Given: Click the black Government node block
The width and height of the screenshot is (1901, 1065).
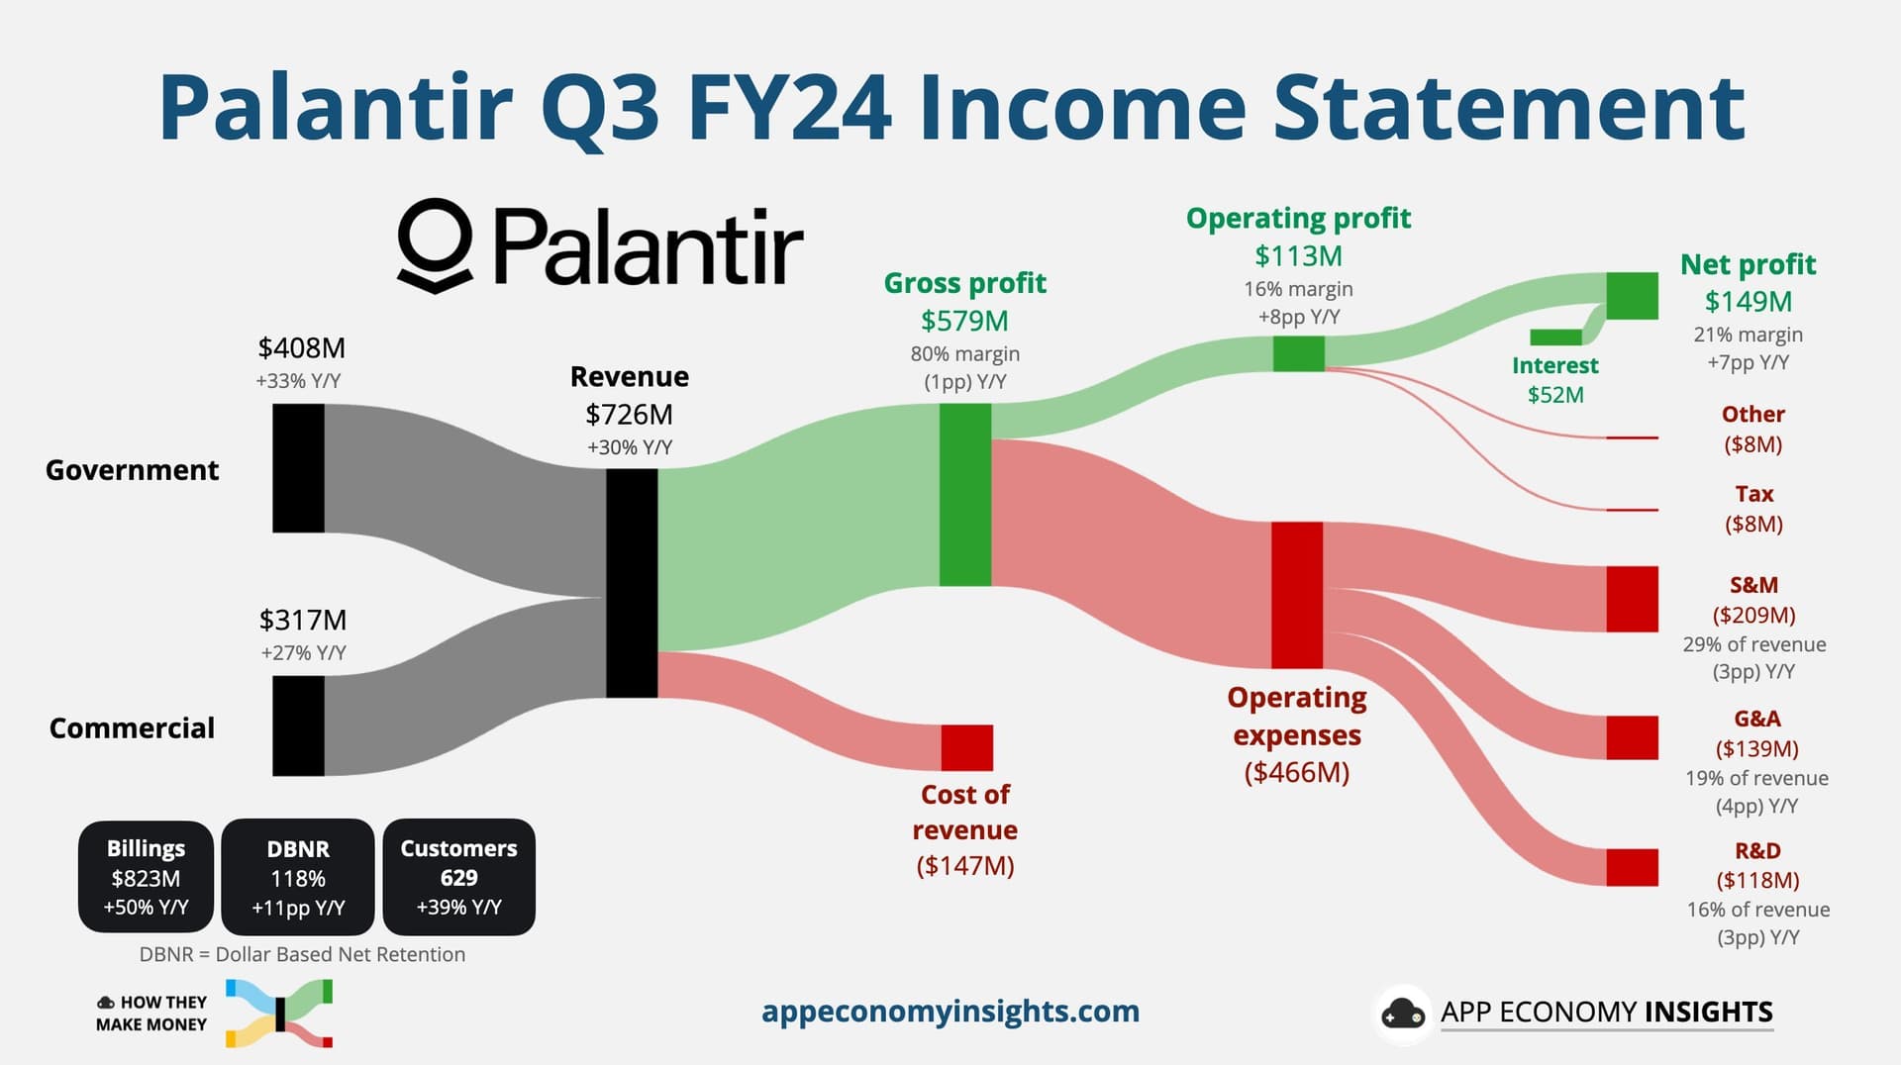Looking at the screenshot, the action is pyautogui.click(x=298, y=468).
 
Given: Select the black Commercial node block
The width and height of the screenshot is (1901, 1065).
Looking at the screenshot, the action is pyautogui.click(x=298, y=726).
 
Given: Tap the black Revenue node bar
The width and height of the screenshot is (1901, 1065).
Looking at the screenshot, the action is pyautogui.click(x=632, y=583).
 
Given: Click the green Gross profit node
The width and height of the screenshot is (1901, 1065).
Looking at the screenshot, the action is pyautogui.click(x=965, y=495).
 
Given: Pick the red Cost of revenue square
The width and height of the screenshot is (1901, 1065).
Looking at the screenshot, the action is pyautogui.click(x=966, y=747).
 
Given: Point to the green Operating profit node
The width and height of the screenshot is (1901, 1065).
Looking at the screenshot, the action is pyautogui.click(x=1299, y=353).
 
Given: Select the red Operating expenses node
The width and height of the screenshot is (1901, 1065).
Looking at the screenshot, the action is pyautogui.click(x=1297, y=595).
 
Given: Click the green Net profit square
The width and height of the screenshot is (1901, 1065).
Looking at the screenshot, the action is pyautogui.click(x=1632, y=296).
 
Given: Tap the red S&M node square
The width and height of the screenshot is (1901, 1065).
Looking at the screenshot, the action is pyautogui.click(x=1632, y=599).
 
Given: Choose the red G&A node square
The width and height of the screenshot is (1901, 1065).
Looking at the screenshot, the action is pyautogui.click(x=1632, y=737).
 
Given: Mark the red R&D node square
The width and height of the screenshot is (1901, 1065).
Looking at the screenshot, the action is pyautogui.click(x=1632, y=867).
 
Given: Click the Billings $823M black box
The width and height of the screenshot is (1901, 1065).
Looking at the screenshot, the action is pyautogui.click(x=146, y=877).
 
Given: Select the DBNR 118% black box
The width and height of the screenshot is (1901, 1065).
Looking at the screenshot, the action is pyautogui.click(x=298, y=877).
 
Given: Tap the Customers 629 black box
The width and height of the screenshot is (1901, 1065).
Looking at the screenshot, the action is pyautogui.click(x=458, y=877).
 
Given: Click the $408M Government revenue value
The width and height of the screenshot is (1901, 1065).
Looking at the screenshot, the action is pyautogui.click(x=301, y=348).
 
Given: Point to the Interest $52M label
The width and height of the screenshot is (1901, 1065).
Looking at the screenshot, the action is pyautogui.click(x=1555, y=380).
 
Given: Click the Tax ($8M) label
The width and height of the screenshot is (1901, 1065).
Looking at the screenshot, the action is pyautogui.click(x=1753, y=509).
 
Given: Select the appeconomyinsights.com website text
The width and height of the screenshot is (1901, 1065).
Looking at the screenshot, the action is pyautogui.click(x=950, y=1012).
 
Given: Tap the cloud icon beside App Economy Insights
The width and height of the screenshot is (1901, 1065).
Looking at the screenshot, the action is pyautogui.click(x=1403, y=1014).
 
